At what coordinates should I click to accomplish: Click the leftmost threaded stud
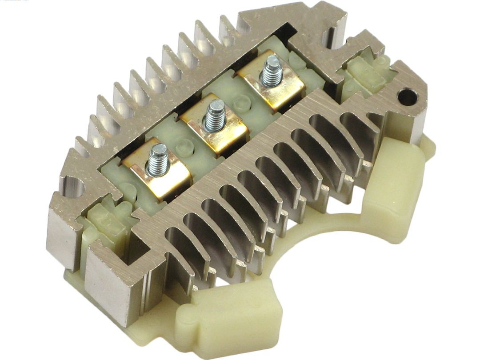(158, 158)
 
